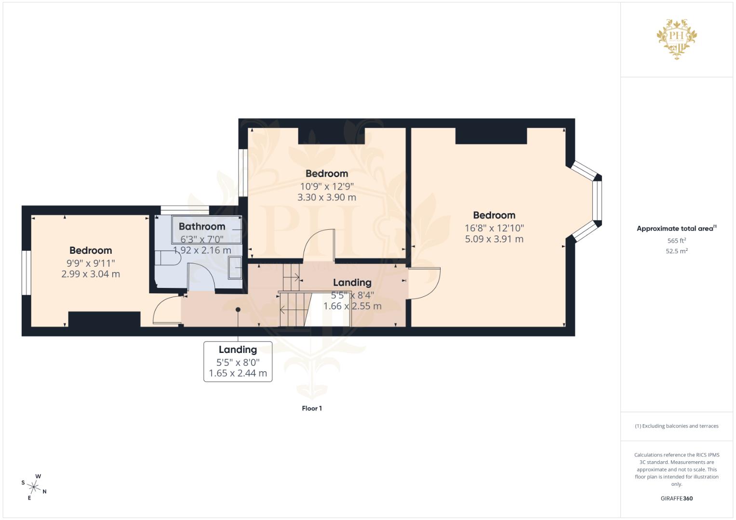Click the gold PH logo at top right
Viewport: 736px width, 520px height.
pos(677,39)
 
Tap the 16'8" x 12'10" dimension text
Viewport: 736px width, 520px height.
pos(494,228)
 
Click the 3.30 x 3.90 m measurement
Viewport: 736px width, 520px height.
pos(326,197)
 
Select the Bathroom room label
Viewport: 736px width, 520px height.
pos(202,226)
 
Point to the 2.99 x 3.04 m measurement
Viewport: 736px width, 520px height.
pos(91,274)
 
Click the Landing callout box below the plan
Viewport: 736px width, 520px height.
pos(238,362)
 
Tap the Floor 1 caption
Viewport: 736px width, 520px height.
pos(312,408)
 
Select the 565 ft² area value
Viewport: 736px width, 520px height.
pos(676,241)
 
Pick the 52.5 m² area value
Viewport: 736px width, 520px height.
pos(676,251)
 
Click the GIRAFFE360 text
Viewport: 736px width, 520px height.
pos(676,498)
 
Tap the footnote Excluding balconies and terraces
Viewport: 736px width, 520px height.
pos(676,426)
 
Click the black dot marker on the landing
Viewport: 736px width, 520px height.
pos(238,310)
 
